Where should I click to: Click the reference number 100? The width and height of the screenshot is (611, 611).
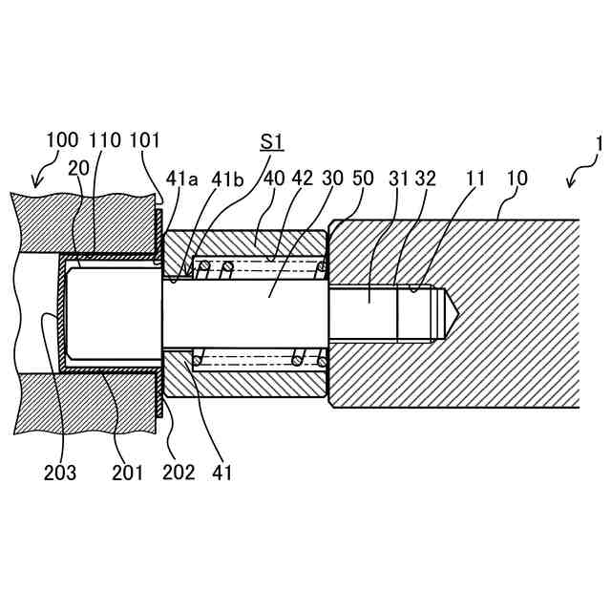tap(63, 141)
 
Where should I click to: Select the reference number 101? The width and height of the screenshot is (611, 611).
tap(145, 141)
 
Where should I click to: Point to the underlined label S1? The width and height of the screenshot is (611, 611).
tap(272, 142)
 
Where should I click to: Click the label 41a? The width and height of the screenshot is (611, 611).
tap(182, 179)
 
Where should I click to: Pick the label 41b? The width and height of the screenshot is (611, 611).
tap(227, 179)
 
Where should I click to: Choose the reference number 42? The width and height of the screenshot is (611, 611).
tap(303, 179)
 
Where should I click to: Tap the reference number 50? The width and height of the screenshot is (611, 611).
tap(364, 179)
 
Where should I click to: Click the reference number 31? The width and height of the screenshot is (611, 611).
tap(400, 179)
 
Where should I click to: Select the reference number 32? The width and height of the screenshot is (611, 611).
tap(426, 179)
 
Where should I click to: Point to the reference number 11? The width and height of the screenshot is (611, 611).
tap(475, 179)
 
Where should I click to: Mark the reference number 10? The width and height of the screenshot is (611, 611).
tap(516, 179)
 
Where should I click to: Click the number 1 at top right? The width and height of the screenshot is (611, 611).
tap(599, 144)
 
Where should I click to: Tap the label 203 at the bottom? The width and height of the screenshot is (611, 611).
tap(61, 472)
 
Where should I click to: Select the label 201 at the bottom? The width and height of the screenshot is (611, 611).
tap(127, 472)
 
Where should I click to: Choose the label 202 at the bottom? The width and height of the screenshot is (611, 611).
tap(178, 472)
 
